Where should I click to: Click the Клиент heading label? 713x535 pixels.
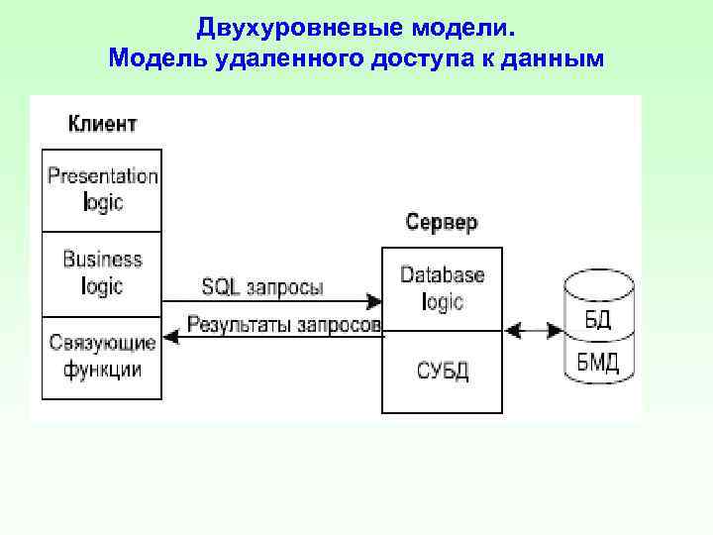pyautogui.click(x=102, y=124)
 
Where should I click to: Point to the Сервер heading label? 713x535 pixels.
pyautogui.click(x=442, y=222)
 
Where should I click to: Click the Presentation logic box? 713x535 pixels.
pyautogui.click(x=102, y=189)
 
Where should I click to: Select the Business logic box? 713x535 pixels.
pyautogui.click(x=102, y=272)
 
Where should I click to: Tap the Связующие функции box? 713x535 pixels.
pyautogui.click(x=102, y=357)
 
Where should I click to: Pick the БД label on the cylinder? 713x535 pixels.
pyautogui.click(x=598, y=319)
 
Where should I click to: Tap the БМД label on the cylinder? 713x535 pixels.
pyautogui.click(x=598, y=363)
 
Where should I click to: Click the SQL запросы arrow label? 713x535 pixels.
pyautogui.click(x=262, y=287)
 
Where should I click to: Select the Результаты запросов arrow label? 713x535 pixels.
pyautogui.click(x=284, y=324)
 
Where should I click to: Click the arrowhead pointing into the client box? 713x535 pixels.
pyautogui.click(x=170, y=337)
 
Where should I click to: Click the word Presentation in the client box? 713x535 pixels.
pyautogui.click(x=102, y=176)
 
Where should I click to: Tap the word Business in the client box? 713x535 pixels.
pyautogui.click(x=102, y=260)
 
